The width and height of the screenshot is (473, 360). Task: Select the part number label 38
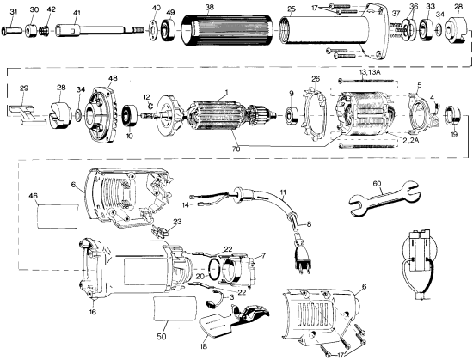click(209, 7)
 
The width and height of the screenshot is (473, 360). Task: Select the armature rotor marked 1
click(225, 119)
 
